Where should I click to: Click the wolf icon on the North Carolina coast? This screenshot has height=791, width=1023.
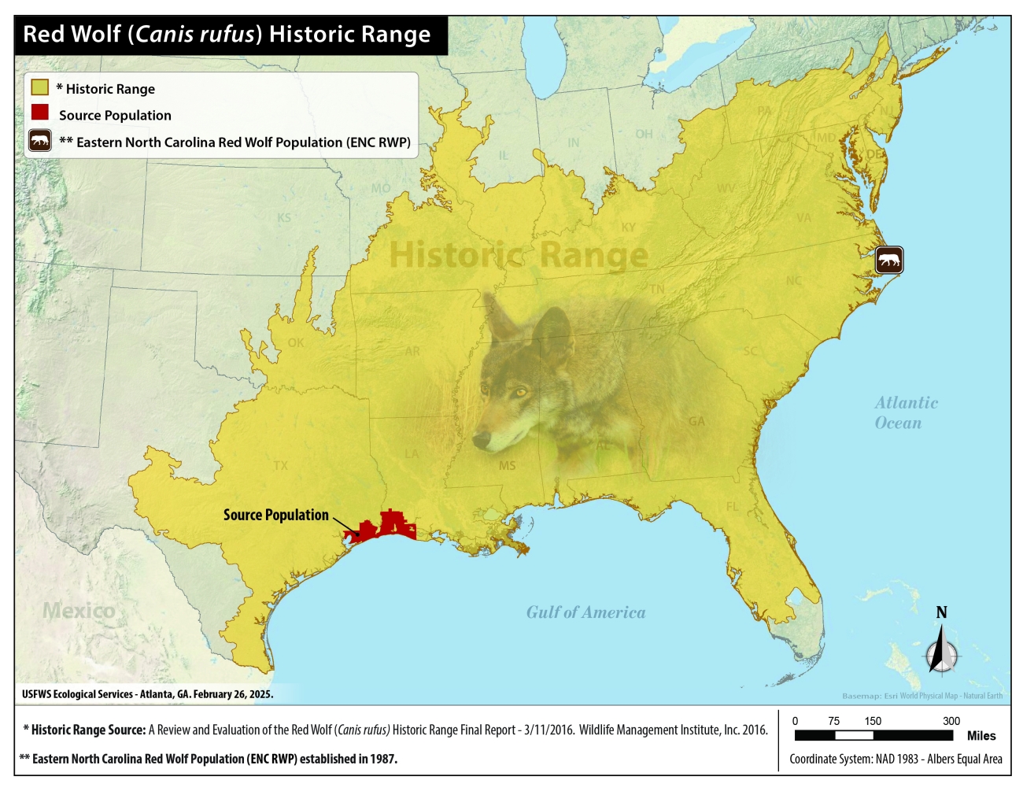click(x=889, y=261)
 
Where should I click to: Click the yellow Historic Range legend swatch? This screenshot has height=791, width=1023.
click(x=39, y=87)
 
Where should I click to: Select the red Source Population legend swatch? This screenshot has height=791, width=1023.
click(x=40, y=113)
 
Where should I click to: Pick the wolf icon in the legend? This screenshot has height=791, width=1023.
click(x=40, y=142)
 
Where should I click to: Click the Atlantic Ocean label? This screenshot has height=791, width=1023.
click(x=905, y=412)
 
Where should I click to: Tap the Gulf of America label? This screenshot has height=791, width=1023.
click(x=585, y=612)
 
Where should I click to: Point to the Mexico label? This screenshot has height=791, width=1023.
click(x=79, y=610)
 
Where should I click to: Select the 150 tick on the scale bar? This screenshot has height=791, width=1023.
click(x=873, y=721)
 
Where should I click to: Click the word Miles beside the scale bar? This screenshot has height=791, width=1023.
click(x=981, y=736)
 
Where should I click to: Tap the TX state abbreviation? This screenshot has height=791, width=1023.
click(x=280, y=465)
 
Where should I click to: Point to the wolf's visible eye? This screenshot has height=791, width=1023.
click(x=520, y=391)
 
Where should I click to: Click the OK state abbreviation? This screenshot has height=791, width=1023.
click(x=296, y=342)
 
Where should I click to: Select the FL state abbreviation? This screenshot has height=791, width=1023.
click(x=733, y=506)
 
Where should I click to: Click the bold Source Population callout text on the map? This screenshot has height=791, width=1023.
click(x=275, y=515)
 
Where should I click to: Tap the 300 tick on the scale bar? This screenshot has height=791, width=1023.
click(x=951, y=721)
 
